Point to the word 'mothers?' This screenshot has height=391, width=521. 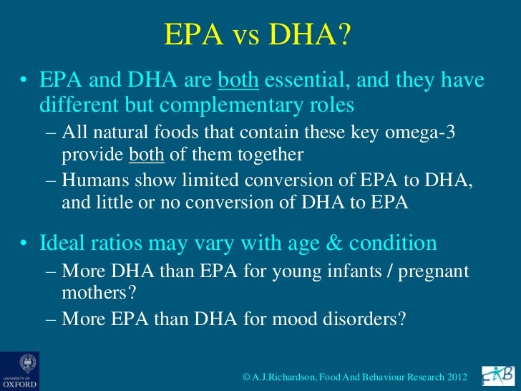(x=90, y=293)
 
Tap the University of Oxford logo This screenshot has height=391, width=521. (x=19, y=370)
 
